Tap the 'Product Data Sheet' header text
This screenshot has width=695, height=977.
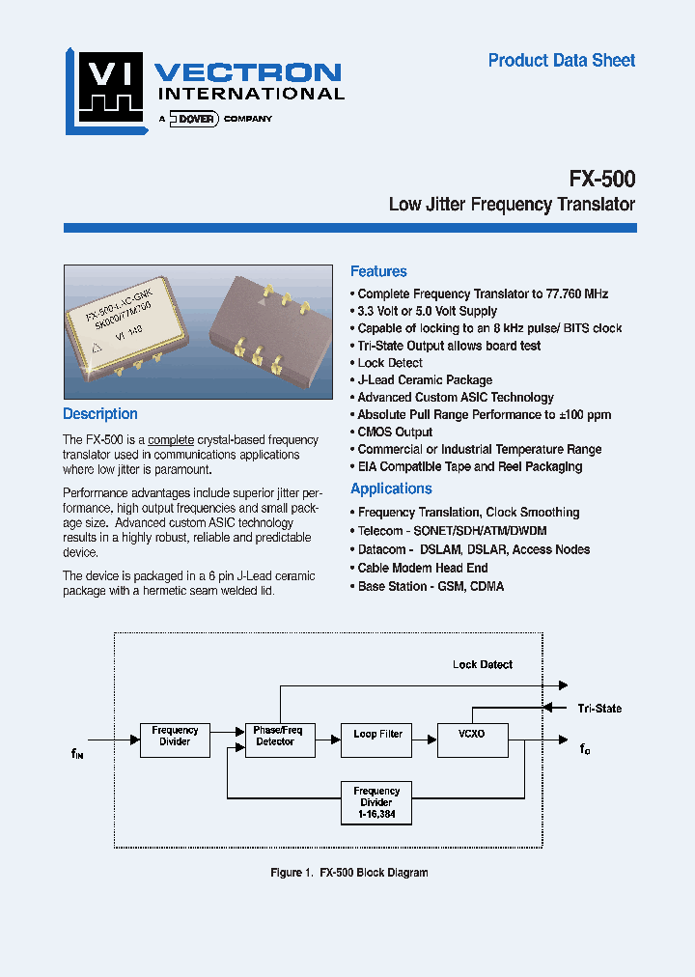pyautogui.click(x=561, y=61)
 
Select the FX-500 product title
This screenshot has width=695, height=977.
pyautogui.click(x=601, y=179)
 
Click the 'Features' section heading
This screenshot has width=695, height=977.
pyautogui.click(x=378, y=272)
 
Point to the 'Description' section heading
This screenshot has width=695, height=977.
pyautogui.click(x=100, y=414)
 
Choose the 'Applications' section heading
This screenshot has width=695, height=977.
pyautogui.click(x=391, y=489)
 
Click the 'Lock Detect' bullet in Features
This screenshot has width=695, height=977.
pyautogui.click(x=390, y=363)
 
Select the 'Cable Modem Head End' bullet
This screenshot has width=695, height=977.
pyautogui.click(x=423, y=569)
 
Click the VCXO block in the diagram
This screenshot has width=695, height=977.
pyautogui.click(x=473, y=740)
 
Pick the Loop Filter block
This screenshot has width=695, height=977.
pyautogui.click(x=377, y=740)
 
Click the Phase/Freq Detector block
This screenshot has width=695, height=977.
pyautogui.click(x=277, y=740)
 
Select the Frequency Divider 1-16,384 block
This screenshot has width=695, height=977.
pyautogui.click(x=376, y=803)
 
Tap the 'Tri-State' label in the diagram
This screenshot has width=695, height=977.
pyautogui.click(x=599, y=709)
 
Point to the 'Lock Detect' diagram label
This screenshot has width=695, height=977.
pyautogui.click(x=483, y=665)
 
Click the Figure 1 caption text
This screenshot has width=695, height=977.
pyautogui.click(x=348, y=873)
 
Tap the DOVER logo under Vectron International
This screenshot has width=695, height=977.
pyautogui.click(x=196, y=119)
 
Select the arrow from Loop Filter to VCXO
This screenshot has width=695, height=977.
pyautogui.click(x=424, y=736)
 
